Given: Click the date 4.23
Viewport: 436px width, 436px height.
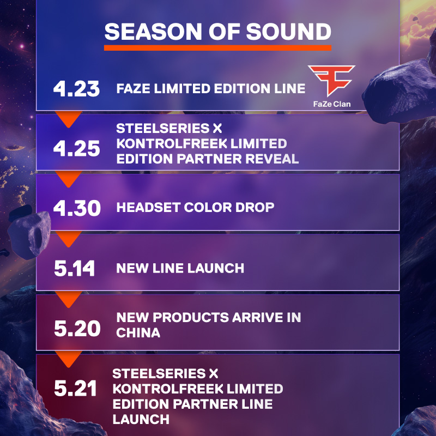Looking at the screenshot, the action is click(76, 89).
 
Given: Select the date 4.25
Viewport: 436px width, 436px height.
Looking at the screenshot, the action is click(76, 148).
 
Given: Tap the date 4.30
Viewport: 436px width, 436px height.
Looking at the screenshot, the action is click(77, 208).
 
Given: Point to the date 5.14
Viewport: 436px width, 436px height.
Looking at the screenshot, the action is click(75, 268).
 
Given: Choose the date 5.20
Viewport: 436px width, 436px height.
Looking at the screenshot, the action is click(77, 329).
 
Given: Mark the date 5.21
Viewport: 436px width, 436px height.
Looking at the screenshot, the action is click(75, 388).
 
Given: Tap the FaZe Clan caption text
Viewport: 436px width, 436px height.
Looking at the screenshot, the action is click(332, 104).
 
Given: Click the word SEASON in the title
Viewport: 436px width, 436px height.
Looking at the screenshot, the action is click(153, 32).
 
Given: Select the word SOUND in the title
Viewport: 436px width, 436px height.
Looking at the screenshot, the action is click(289, 32).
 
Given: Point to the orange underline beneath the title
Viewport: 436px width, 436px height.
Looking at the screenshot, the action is click(217, 48).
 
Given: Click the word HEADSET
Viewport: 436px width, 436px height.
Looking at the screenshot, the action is click(148, 208).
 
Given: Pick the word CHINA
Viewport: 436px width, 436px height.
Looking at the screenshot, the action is click(138, 332).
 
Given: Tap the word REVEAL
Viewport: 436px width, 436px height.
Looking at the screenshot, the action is click(272, 159).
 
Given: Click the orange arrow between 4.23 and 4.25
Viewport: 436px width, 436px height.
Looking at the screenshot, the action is click(69, 118).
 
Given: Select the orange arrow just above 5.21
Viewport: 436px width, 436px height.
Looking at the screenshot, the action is click(69, 359).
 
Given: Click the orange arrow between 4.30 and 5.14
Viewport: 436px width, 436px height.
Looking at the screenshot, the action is click(69, 239).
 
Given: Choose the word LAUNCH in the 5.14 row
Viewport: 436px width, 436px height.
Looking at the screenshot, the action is click(216, 268).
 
